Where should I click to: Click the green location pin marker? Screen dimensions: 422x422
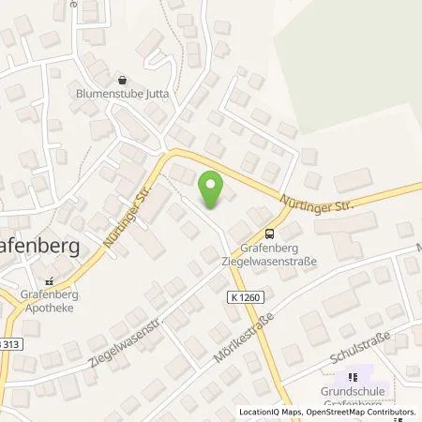(x=214, y=191)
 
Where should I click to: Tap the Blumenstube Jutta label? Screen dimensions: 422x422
(x=121, y=95)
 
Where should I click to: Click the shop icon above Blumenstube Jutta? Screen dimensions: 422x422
(x=121, y=82)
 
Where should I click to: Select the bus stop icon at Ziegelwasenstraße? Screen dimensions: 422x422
(x=270, y=234)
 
